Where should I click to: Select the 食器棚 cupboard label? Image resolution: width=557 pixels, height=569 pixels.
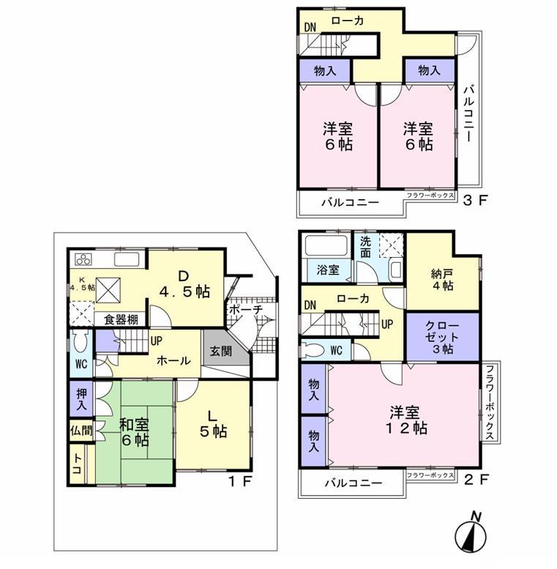(x=120, y=319)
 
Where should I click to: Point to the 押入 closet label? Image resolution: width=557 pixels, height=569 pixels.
(x=81, y=398)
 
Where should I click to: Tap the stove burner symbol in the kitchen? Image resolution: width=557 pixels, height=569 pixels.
(x=83, y=259)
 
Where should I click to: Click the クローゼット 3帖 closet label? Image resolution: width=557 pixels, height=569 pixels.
(x=442, y=338)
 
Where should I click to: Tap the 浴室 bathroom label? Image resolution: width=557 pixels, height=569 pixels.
(x=328, y=270)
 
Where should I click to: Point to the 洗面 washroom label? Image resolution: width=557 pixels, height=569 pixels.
(x=366, y=248)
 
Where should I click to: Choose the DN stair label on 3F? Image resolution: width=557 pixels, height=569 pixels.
(x=310, y=28)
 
